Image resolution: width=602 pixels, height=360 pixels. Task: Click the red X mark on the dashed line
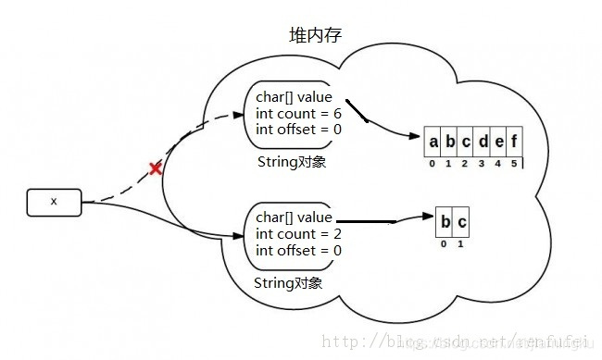point(156,168)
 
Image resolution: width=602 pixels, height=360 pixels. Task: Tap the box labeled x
point(54,201)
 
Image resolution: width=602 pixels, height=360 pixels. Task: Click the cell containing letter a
point(433,143)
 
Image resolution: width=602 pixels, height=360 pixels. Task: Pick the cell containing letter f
point(514,143)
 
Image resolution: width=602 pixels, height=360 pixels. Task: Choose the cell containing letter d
point(482,143)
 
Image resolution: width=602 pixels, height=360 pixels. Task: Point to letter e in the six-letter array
point(498,143)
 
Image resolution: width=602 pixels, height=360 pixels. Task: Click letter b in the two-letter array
point(445,222)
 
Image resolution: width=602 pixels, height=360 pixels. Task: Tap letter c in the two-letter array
point(461,222)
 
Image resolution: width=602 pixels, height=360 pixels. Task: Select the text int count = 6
point(298,113)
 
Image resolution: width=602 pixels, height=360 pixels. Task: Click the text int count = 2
point(298,233)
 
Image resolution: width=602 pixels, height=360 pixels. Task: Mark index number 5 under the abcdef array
point(514,164)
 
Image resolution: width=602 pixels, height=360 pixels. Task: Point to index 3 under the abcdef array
point(482,164)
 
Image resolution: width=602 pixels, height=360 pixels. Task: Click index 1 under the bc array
point(461,243)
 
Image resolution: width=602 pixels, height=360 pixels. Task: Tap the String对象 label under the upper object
point(290,162)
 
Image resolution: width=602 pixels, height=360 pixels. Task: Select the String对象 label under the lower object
point(288,282)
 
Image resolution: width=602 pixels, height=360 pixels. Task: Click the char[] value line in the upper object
point(294,97)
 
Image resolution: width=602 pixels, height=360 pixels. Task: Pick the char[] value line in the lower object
point(294,217)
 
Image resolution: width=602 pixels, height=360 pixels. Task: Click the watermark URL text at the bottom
point(454,341)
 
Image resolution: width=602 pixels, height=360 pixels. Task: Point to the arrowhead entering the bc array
point(430,218)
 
